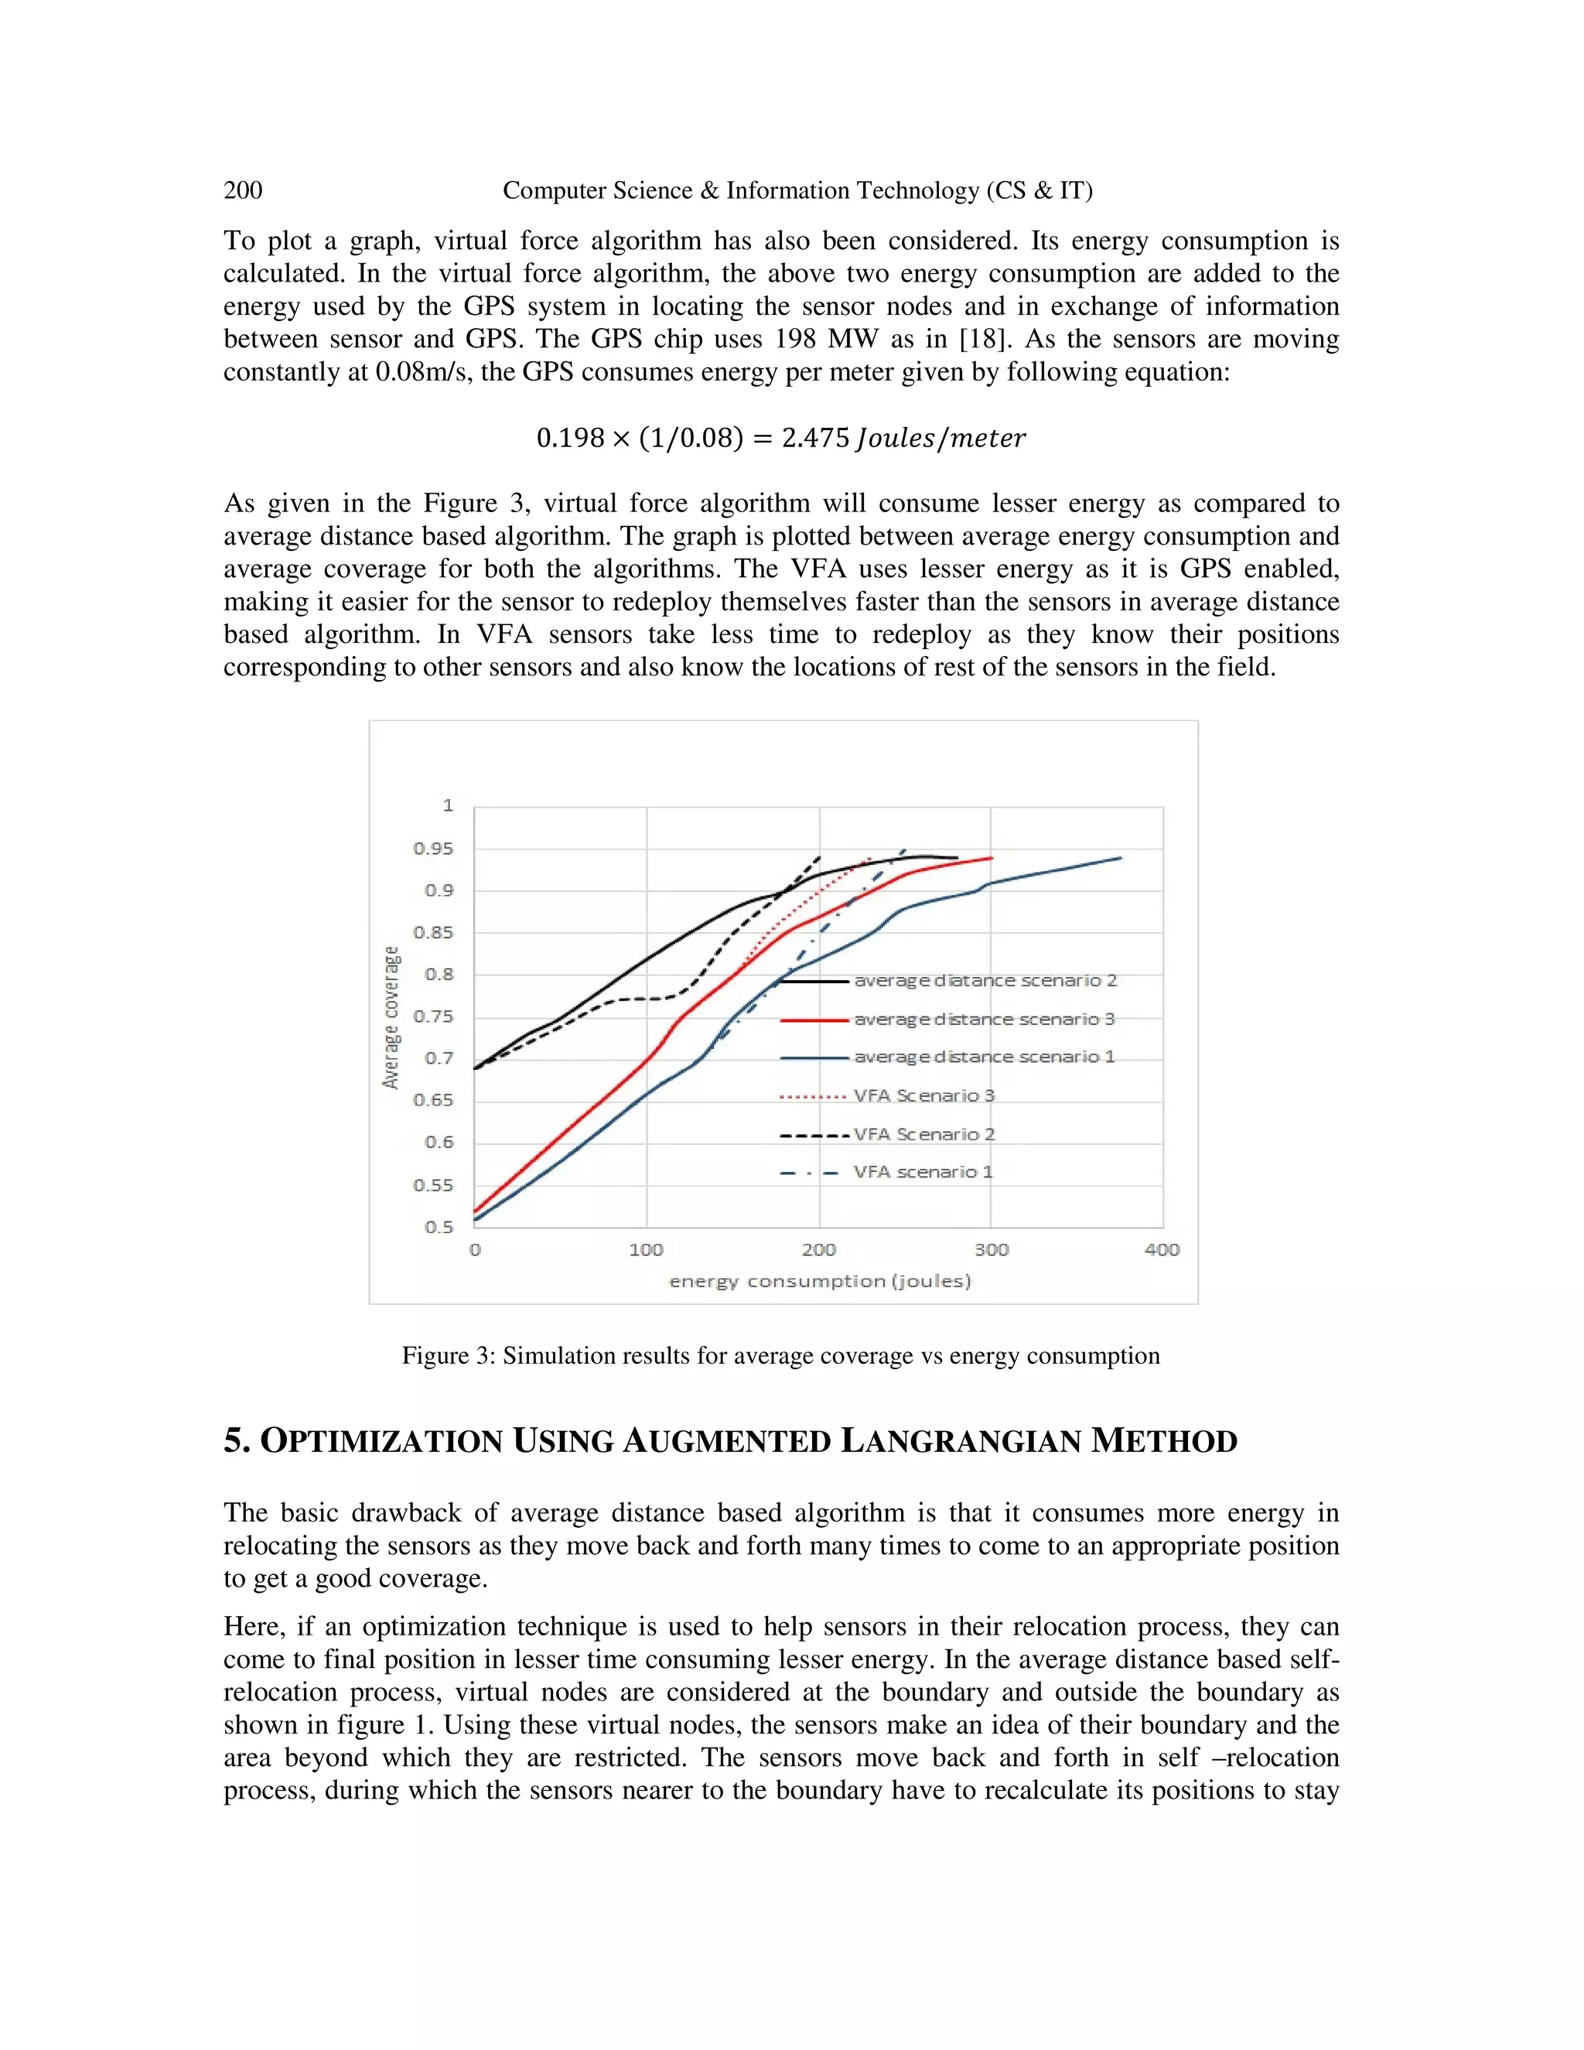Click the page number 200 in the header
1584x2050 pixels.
[x=243, y=190]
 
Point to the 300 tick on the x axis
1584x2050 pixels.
[x=991, y=1249]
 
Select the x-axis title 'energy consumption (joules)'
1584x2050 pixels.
[x=819, y=1281]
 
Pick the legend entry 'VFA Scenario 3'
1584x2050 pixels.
[x=923, y=1095]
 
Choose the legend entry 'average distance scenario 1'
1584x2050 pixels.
[x=984, y=1057]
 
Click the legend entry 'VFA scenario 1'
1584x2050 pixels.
[x=923, y=1172]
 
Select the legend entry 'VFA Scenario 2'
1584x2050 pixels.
[x=923, y=1134]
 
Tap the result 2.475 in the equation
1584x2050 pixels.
[x=814, y=439]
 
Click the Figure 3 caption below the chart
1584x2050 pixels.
[x=780, y=1355]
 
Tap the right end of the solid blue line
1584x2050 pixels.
[x=1121, y=858]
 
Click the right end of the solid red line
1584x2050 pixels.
[x=992, y=858]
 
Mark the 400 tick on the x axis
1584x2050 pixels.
[x=1162, y=1249]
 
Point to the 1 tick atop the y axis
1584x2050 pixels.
[x=448, y=805]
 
